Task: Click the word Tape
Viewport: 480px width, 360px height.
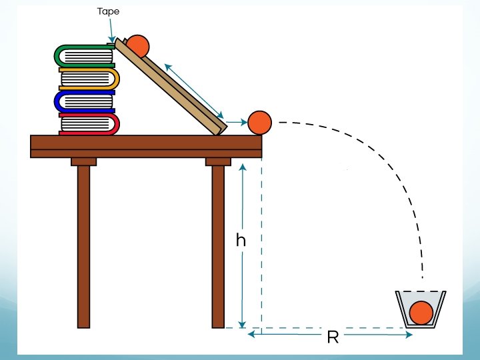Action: tap(108, 11)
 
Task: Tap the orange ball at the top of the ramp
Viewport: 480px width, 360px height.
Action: tap(139, 45)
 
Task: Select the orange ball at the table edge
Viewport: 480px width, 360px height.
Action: tap(259, 122)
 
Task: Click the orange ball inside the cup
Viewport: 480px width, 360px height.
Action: tap(421, 313)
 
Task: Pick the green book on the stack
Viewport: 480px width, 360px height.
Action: tap(84, 56)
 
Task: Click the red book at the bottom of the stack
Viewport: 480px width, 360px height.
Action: tap(89, 123)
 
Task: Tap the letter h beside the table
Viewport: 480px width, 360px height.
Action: tap(241, 241)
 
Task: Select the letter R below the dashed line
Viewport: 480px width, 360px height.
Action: tap(333, 337)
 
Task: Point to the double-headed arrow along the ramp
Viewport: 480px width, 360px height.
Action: tap(195, 89)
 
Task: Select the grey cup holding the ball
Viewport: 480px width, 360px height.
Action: tap(403, 309)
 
